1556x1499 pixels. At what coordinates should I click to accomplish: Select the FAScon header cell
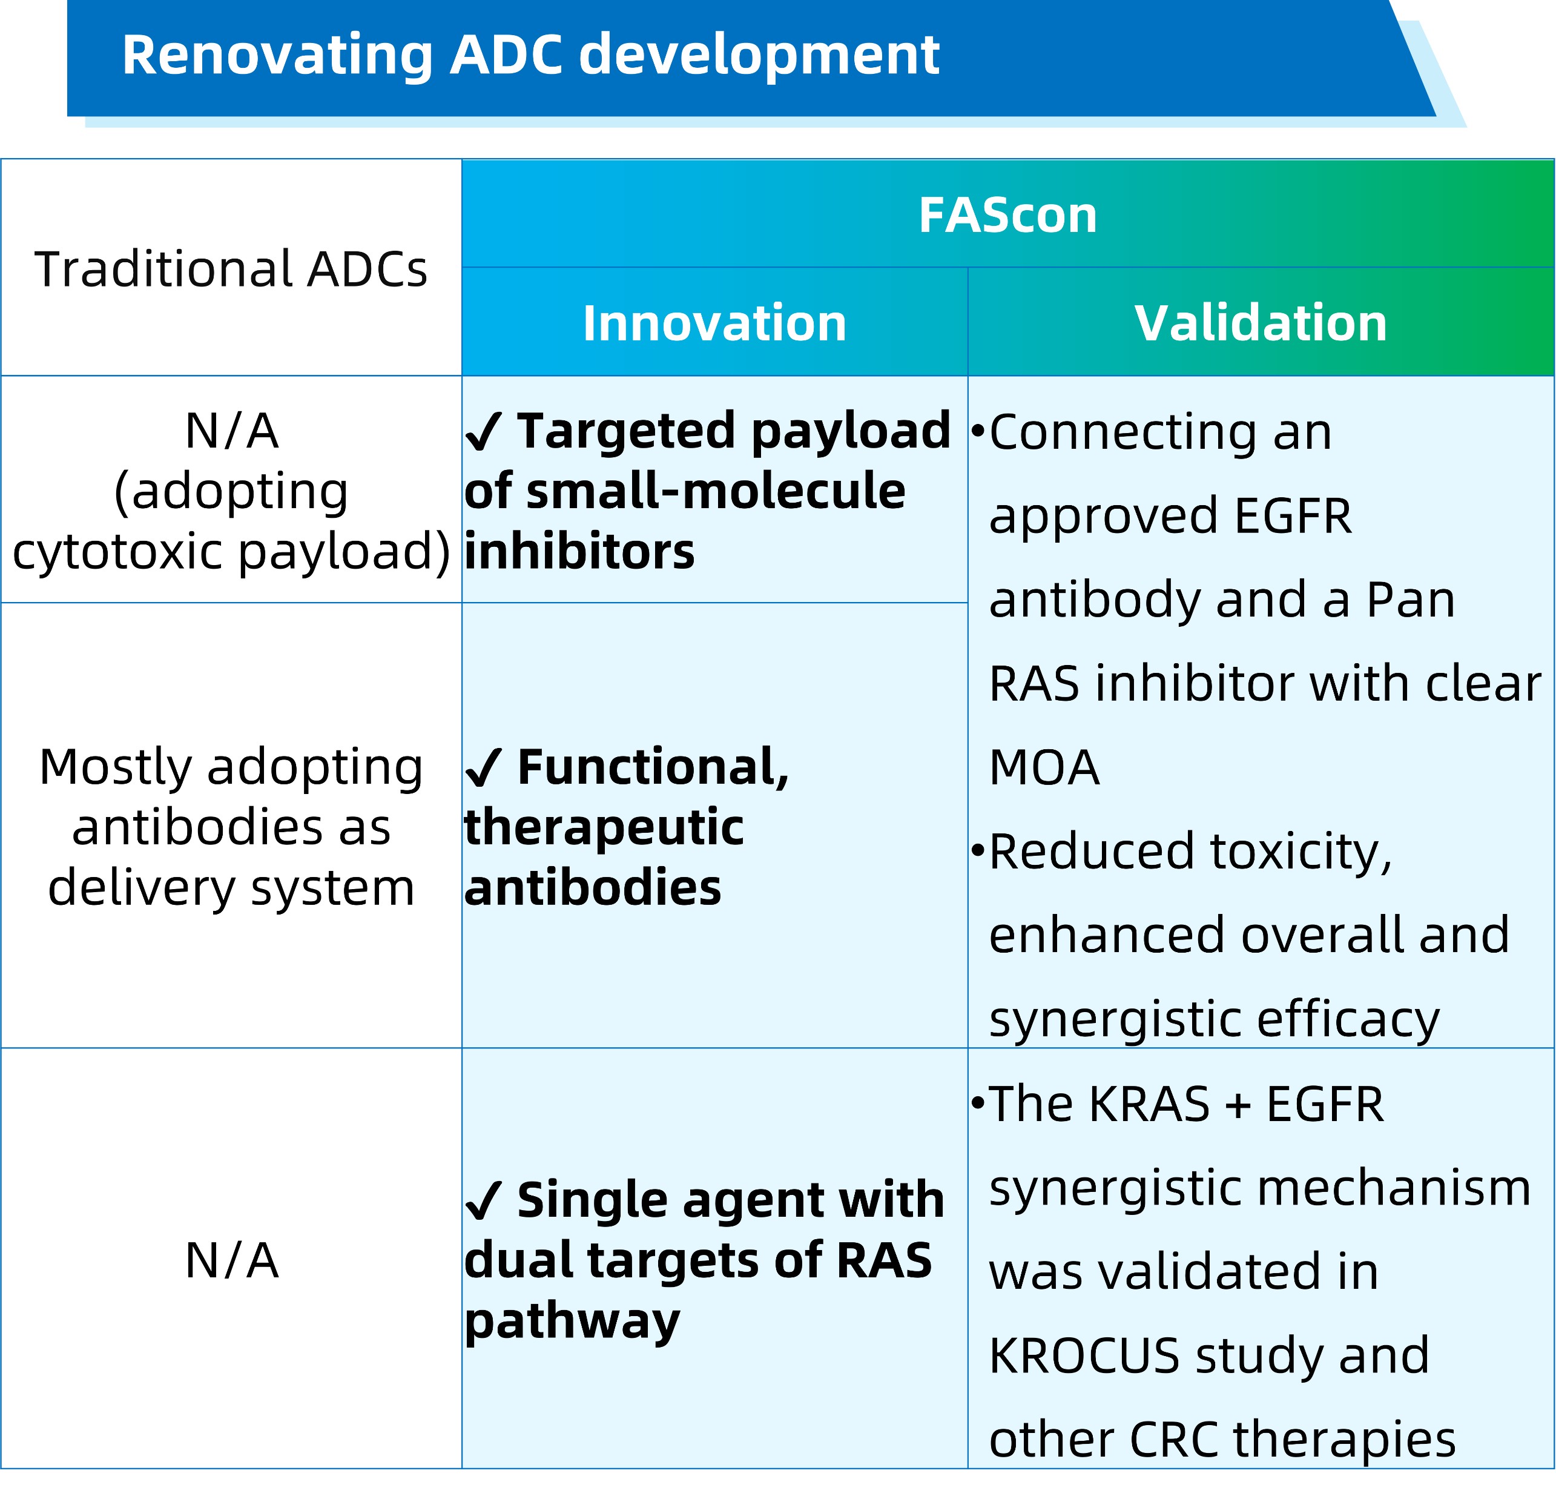1007,214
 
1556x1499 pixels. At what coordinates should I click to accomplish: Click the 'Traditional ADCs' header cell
231,268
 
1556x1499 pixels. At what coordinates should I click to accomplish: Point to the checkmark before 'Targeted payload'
483,432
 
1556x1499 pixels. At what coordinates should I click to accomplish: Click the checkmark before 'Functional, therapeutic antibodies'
483,769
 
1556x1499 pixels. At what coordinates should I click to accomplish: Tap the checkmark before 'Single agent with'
483,1200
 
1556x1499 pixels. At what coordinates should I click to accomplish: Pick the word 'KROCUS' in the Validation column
1084,1355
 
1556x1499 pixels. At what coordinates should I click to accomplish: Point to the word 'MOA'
1044,768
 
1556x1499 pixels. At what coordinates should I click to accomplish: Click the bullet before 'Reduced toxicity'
978,850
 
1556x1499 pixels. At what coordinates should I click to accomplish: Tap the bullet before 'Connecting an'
978,432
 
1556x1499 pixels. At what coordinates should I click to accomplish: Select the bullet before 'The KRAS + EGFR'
978,1103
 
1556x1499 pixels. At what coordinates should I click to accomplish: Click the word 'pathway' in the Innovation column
572,1322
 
